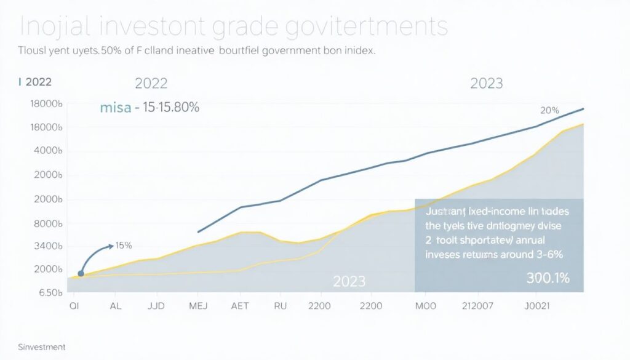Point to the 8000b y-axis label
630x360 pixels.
click(x=47, y=223)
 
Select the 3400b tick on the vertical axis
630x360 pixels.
click(x=47, y=246)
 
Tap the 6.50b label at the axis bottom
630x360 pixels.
click(x=47, y=293)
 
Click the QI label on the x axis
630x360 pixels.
click(x=75, y=305)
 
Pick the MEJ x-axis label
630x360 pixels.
click(x=199, y=305)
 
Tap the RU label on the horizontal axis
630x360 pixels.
click(x=281, y=305)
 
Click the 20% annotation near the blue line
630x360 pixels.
click(x=549, y=111)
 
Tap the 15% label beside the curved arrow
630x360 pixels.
click(x=124, y=246)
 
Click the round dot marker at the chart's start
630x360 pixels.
click(x=81, y=273)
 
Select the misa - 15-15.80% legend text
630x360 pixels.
click(x=149, y=108)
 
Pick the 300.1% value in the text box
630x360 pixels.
click(x=548, y=278)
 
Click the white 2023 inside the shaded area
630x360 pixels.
click(x=349, y=282)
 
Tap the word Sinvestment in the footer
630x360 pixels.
click(x=42, y=347)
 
